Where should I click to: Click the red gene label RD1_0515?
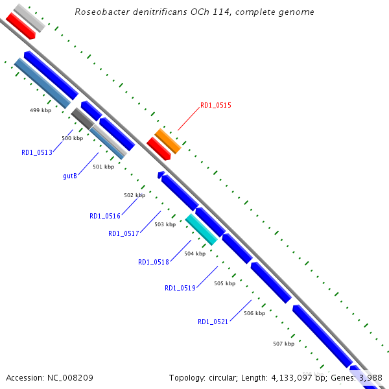[x=215, y=104]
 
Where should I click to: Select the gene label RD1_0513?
[x=36, y=153]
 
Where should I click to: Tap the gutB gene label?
[x=71, y=176]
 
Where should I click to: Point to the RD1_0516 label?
[x=104, y=216]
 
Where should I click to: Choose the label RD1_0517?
[x=123, y=233]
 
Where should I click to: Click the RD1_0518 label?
[x=153, y=262]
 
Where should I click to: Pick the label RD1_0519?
[x=180, y=288]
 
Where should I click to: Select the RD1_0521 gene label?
[x=213, y=322]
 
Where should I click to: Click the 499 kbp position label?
[x=40, y=110]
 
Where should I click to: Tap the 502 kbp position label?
[x=134, y=195]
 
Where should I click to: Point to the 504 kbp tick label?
[x=194, y=253]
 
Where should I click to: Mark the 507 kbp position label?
[x=283, y=344]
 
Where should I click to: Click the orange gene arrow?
[x=168, y=141]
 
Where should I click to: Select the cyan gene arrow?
[x=202, y=230]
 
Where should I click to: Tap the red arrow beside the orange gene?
[x=158, y=149]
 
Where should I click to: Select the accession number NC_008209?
[x=69, y=377]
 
